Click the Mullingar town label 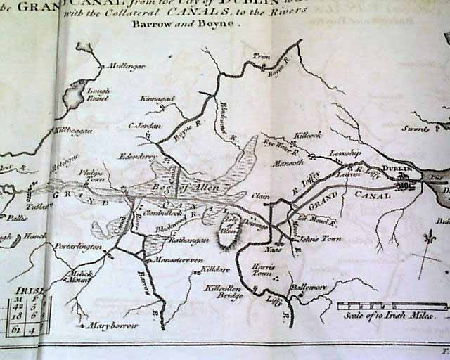click(124, 67)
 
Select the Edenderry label click(136, 156)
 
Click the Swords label click(416, 129)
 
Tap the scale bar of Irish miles click(392, 305)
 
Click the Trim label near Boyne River click(261, 56)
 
